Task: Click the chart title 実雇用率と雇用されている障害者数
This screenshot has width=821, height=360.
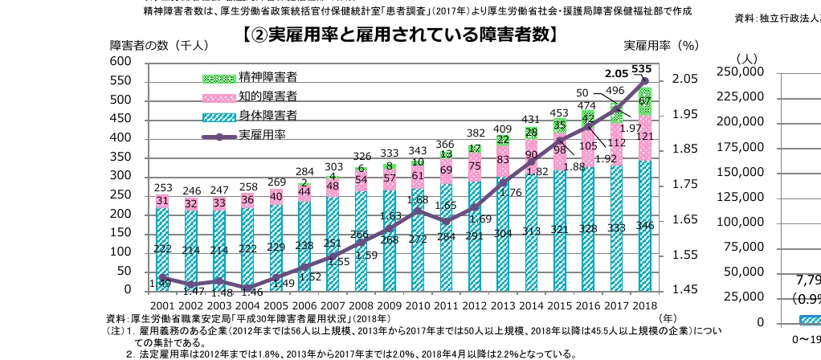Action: pos(399,36)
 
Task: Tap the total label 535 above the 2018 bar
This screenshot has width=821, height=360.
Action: pos(641,69)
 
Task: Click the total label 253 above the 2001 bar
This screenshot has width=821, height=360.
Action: pos(161,187)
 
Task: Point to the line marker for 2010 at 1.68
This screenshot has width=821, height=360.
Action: pos(417,211)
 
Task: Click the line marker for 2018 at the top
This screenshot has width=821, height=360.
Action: pos(644,80)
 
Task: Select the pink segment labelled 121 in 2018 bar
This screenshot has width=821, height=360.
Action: pos(644,137)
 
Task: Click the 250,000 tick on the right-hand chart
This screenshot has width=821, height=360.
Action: pos(741,72)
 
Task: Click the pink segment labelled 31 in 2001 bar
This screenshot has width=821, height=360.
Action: pos(162,201)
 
